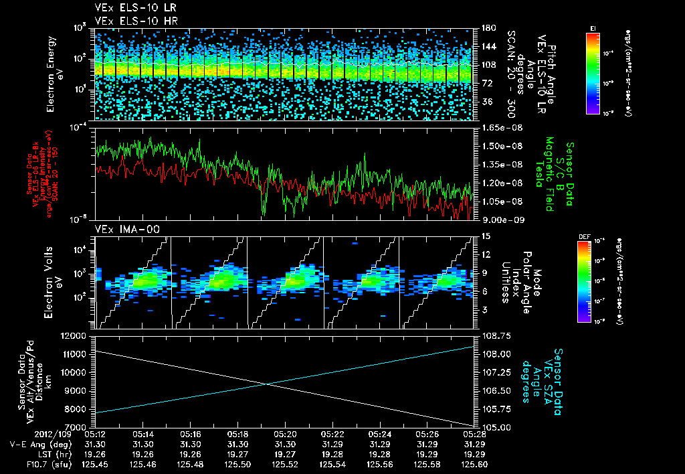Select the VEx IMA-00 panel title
coord(121,229)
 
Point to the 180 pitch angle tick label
coord(483,28)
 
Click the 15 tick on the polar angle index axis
coord(480,236)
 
